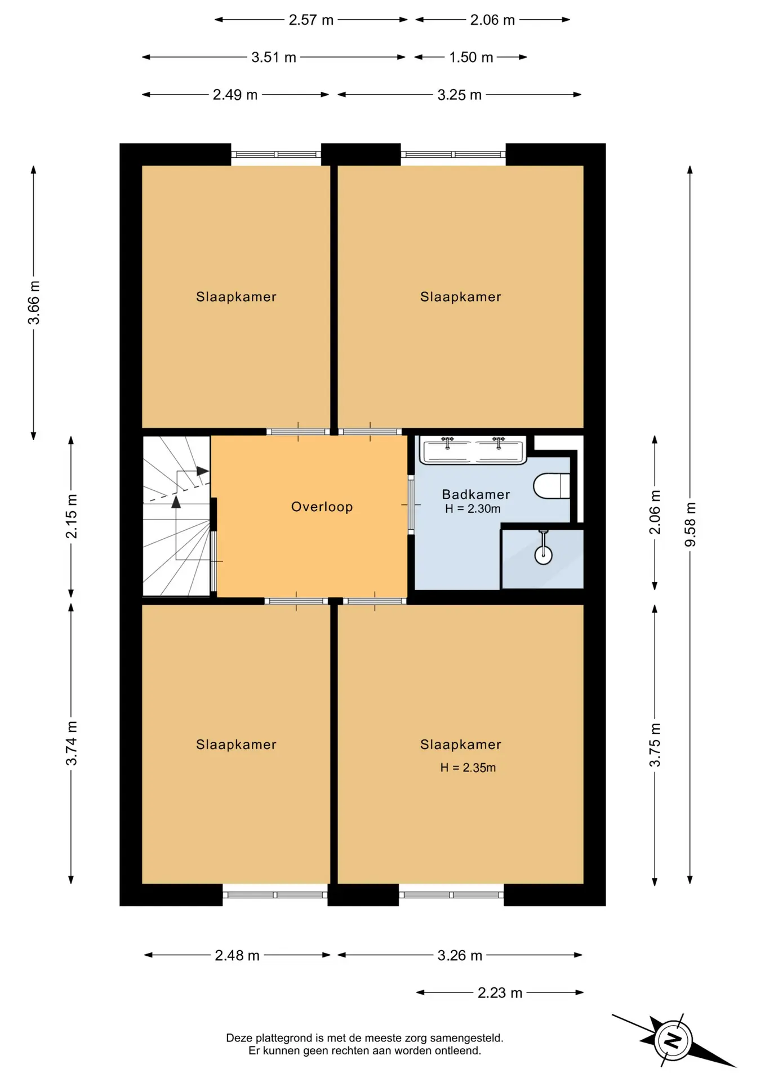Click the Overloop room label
(322, 507)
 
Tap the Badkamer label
(475, 494)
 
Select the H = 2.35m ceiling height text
(468, 768)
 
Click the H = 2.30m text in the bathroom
(472, 509)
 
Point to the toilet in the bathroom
(551, 486)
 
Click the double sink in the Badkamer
(473, 450)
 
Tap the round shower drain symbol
(543, 555)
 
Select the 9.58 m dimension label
(690, 524)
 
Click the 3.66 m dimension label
(34, 303)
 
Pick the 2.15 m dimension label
(72, 516)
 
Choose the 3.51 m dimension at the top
(274, 57)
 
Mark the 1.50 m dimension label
(471, 57)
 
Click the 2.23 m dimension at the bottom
(500, 992)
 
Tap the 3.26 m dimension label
(460, 955)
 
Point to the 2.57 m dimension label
(311, 20)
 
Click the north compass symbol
(673, 1040)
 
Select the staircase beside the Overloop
(177, 516)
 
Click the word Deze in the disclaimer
(239, 1038)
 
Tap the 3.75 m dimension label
(655, 745)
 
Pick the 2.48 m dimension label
(237, 955)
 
